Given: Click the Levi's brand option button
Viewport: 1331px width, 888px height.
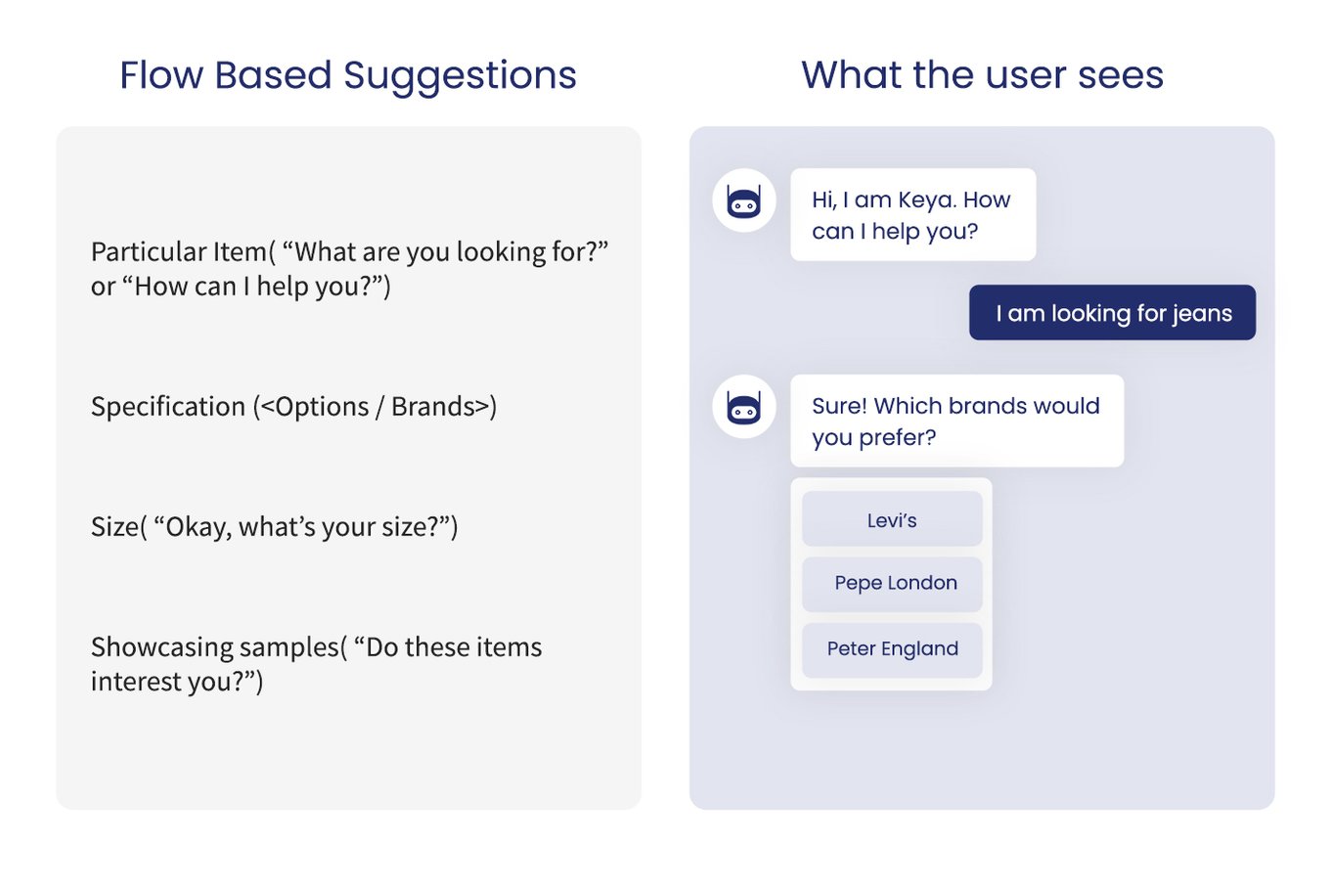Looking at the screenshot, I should (x=892, y=519).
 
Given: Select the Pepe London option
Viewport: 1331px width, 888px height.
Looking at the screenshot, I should (x=892, y=584).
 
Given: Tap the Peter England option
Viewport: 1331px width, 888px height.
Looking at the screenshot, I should (x=892, y=649).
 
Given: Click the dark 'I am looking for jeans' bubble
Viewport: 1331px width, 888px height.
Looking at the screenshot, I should (x=1112, y=313).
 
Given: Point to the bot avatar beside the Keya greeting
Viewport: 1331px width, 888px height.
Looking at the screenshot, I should (x=744, y=201).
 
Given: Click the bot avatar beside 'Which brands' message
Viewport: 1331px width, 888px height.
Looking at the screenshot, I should (x=744, y=407).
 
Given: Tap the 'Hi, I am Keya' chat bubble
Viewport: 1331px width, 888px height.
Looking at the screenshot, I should (x=912, y=215).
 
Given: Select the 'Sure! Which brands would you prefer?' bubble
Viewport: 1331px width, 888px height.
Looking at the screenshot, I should (x=956, y=421).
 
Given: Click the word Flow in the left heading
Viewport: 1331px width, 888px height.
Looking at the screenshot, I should (x=160, y=75).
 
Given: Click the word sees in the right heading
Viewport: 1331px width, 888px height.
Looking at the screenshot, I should (x=1121, y=75).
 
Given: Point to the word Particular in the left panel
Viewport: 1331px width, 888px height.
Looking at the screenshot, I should (x=136, y=251).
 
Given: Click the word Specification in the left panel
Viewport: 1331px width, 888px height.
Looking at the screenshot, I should (x=168, y=407).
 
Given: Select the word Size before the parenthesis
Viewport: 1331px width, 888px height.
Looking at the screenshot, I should (x=113, y=527).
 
